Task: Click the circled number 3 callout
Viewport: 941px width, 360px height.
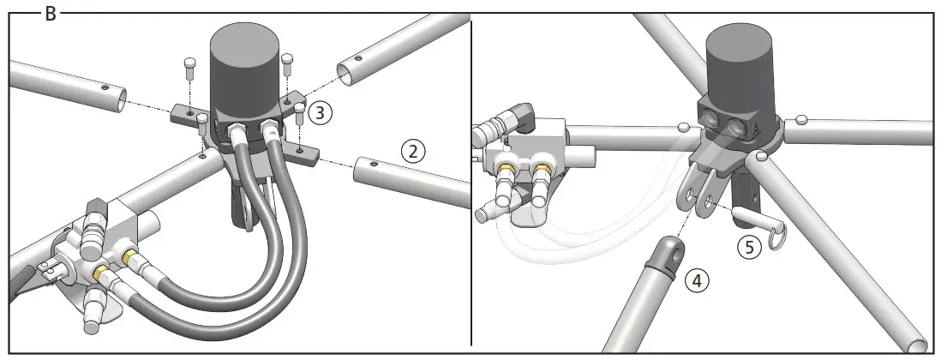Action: coord(318,111)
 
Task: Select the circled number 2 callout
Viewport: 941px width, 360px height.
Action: coord(413,152)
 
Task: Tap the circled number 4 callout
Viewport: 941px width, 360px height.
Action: coord(695,279)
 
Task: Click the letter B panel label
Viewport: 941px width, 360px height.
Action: coord(50,14)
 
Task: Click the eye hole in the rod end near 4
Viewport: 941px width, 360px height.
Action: coord(667,249)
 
